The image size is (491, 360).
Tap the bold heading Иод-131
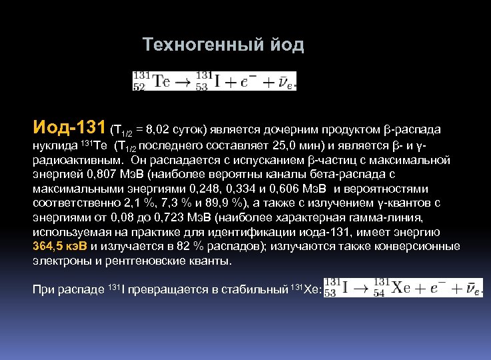click(69, 127)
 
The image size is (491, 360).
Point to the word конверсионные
click(420, 247)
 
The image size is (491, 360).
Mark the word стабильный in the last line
click(254, 289)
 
